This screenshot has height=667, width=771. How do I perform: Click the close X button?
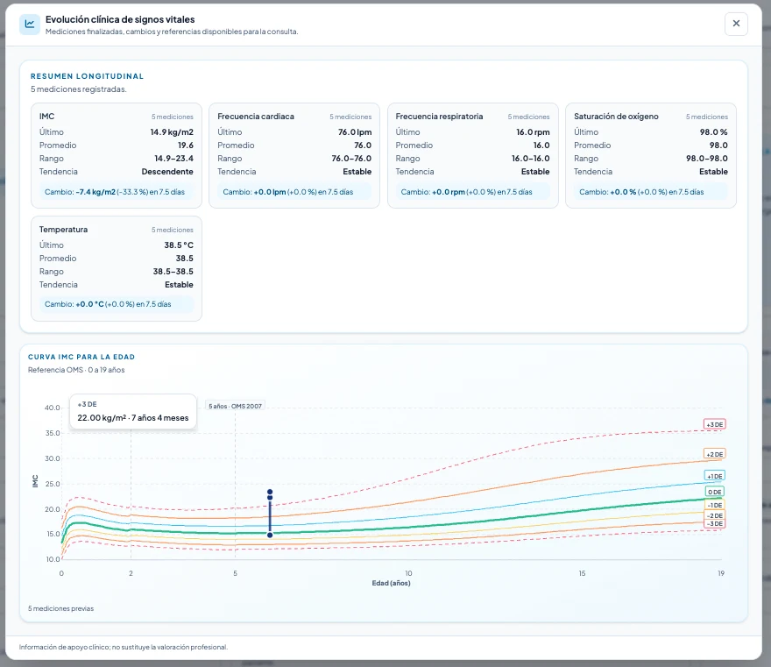coord(736,24)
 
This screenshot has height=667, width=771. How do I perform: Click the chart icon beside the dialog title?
coord(30,24)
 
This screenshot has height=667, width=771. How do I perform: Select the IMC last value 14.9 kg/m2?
coord(172,131)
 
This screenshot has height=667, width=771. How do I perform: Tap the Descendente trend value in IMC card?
coord(167,172)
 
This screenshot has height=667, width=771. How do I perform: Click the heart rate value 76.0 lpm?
coord(355,131)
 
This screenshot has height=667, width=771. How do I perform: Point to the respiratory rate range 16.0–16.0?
coord(531,159)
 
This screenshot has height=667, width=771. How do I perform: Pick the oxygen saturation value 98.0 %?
coord(713,131)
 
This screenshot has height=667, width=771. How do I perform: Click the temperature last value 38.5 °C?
coord(179,245)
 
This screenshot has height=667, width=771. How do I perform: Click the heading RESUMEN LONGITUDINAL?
coord(87,76)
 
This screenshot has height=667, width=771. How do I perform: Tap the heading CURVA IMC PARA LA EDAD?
coord(81,357)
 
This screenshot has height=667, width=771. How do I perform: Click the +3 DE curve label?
coord(714,424)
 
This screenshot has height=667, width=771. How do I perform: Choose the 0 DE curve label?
coord(714,492)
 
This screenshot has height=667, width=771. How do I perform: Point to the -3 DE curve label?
coord(714,524)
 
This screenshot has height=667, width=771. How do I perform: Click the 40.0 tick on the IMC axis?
coord(52,408)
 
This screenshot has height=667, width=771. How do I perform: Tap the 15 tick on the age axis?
coord(582,573)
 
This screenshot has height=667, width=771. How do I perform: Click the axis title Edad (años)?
coord(391,583)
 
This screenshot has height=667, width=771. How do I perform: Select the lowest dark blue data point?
coord(270,536)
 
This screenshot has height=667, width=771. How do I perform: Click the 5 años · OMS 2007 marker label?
coord(235,406)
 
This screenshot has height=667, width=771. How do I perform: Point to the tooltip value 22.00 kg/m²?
coord(102,417)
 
